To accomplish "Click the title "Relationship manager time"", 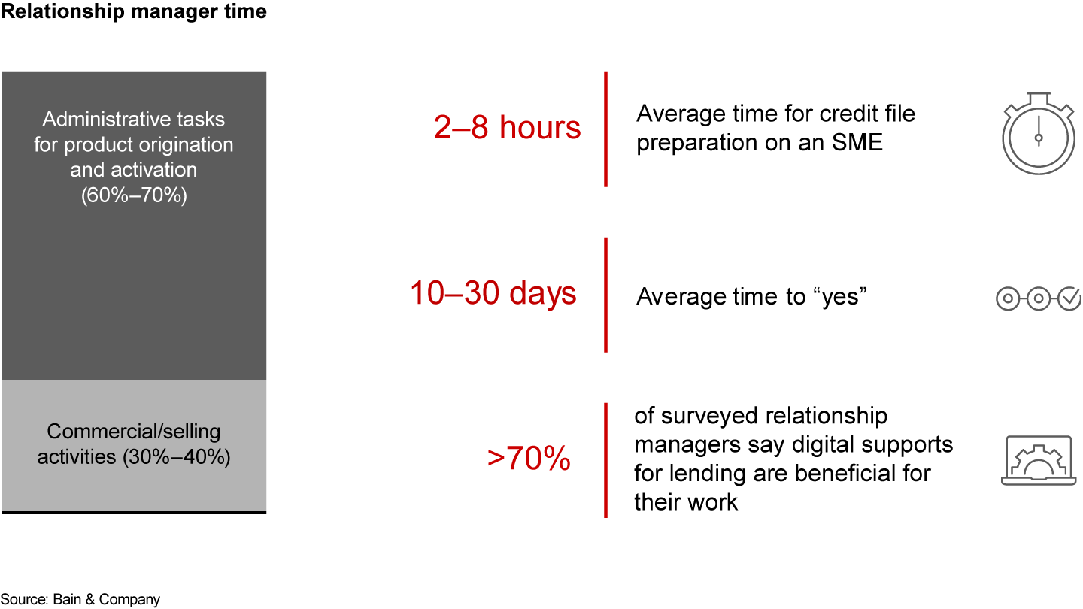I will click(133, 12).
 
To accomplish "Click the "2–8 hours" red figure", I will click(508, 128).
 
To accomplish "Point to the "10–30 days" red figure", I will click(493, 293).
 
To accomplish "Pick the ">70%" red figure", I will click(529, 459).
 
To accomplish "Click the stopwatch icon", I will click(1039, 135).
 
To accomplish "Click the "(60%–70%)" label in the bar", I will click(134, 195).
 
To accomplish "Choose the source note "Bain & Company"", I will click(106, 599).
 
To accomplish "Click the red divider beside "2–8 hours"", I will click(605, 129).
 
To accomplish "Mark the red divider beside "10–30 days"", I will click(605, 295).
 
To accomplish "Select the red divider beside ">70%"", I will click(605, 460).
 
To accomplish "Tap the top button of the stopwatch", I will click(1039, 96).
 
